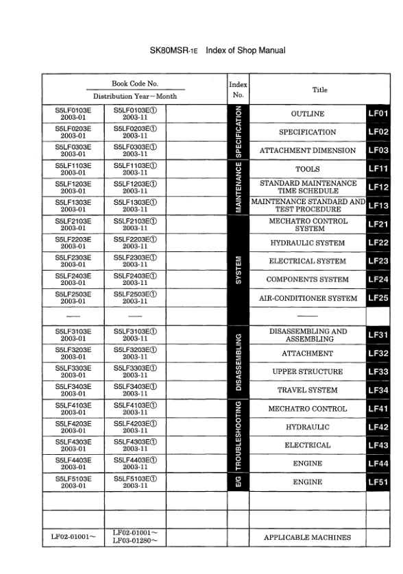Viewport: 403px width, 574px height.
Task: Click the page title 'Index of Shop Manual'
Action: pyautogui.click(x=245, y=51)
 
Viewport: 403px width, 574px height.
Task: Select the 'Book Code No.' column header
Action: pyautogui.click(x=134, y=83)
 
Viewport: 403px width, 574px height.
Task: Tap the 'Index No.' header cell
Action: pyautogui.click(x=237, y=90)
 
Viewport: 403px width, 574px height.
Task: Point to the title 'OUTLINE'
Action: pyautogui.click(x=307, y=113)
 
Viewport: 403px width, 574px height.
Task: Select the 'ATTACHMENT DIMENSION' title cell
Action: pyautogui.click(x=307, y=150)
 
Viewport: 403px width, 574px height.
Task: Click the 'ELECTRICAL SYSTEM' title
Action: pyautogui.click(x=307, y=261)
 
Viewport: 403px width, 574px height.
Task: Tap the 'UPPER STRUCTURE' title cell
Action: pyautogui.click(x=307, y=372)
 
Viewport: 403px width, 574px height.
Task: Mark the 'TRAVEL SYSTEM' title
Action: pyautogui.click(x=307, y=390)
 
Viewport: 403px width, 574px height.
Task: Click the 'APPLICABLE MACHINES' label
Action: pyautogui.click(x=307, y=538)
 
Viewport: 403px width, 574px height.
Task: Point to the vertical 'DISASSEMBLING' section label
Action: pyautogui.click(x=237, y=362)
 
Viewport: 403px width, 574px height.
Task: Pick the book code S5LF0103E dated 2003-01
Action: pyautogui.click(x=73, y=113)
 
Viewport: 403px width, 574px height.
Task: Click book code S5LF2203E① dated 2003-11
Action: pyautogui.click(x=135, y=242)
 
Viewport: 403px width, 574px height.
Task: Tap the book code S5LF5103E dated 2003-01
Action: pyautogui.click(x=73, y=482)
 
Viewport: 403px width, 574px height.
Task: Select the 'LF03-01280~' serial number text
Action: pyautogui.click(x=135, y=542)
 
